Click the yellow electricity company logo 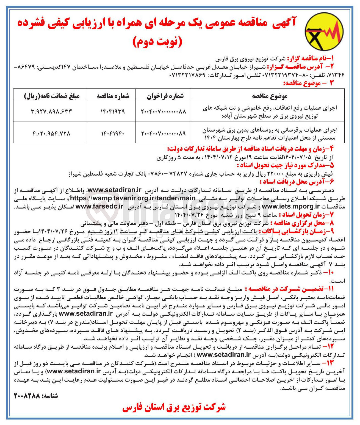pyautogui.click(x=324, y=30)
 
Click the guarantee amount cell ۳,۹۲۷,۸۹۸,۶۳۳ pyautogui.click(x=51, y=112)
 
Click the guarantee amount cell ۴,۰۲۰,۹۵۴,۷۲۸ pyautogui.click(x=51, y=134)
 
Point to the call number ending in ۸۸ pyautogui.click(x=164, y=112)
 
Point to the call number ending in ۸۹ pyautogui.click(x=164, y=134)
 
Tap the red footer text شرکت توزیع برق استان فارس pyautogui.click(x=174, y=407)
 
